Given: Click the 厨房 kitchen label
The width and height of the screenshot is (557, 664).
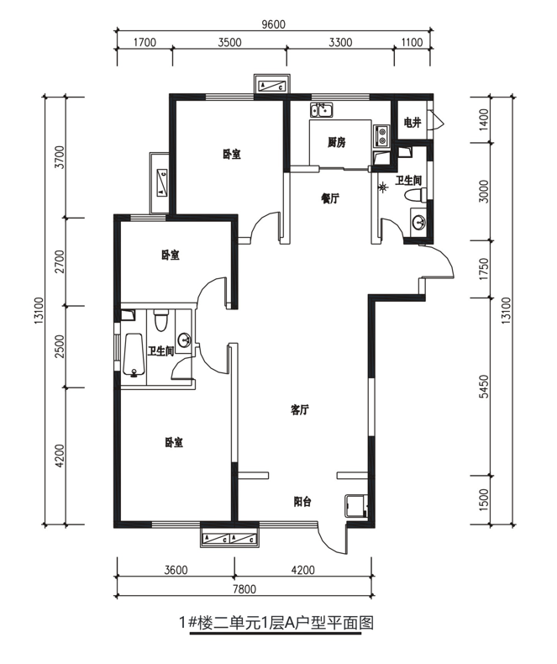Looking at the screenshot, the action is click(x=337, y=142).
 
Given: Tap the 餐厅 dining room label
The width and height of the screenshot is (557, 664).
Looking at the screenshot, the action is click(x=330, y=198).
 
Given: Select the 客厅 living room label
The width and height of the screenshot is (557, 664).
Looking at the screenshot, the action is click(x=300, y=409).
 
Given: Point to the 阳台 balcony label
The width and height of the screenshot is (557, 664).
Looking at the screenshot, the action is click(x=302, y=502).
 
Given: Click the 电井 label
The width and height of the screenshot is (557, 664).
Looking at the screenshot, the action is click(x=412, y=123).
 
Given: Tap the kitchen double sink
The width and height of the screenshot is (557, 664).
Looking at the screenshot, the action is click(x=321, y=109).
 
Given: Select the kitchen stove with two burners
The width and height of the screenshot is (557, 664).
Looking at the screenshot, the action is click(x=381, y=135).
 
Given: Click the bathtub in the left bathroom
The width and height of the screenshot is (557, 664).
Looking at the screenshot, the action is click(x=134, y=355).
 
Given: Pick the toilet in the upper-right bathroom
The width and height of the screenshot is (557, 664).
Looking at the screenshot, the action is click(x=416, y=196).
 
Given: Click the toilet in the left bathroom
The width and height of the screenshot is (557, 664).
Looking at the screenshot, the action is click(x=160, y=320).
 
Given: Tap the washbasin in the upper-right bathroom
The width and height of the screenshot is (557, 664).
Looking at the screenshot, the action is click(x=419, y=222).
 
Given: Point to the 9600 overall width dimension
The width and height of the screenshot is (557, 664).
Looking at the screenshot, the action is click(x=273, y=24).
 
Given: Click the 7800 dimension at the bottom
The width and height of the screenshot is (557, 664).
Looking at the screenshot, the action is click(x=245, y=589).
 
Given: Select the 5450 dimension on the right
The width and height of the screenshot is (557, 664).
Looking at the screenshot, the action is click(x=484, y=386).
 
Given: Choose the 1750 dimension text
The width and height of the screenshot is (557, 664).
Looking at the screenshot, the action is click(x=484, y=269).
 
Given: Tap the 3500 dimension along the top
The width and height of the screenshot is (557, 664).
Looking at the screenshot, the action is click(x=230, y=42).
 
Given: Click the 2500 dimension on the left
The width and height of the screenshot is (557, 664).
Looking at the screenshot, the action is click(x=60, y=346).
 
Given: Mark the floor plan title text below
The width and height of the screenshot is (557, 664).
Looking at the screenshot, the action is click(x=276, y=623).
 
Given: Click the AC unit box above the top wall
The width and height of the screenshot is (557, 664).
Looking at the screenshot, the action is click(x=272, y=85).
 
